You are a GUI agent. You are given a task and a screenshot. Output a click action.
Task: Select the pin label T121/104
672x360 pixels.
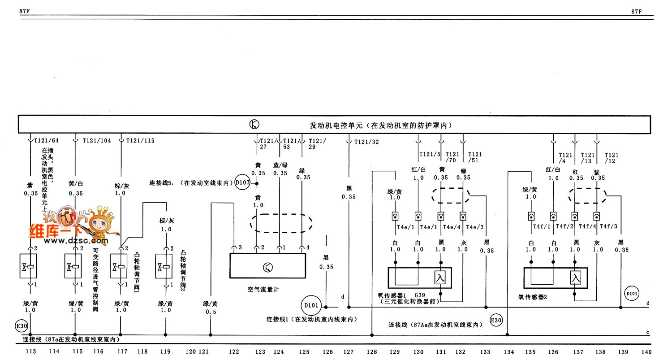(97, 140)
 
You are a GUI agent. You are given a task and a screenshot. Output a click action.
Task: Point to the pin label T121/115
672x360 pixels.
(140, 140)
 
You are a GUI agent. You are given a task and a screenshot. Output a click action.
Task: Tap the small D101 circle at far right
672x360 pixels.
(632, 294)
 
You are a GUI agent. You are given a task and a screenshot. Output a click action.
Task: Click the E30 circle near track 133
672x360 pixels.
(496, 321)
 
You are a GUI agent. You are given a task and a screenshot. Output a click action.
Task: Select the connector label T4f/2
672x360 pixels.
(565, 227)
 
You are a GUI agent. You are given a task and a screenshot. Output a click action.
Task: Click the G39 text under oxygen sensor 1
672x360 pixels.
(419, 295)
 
